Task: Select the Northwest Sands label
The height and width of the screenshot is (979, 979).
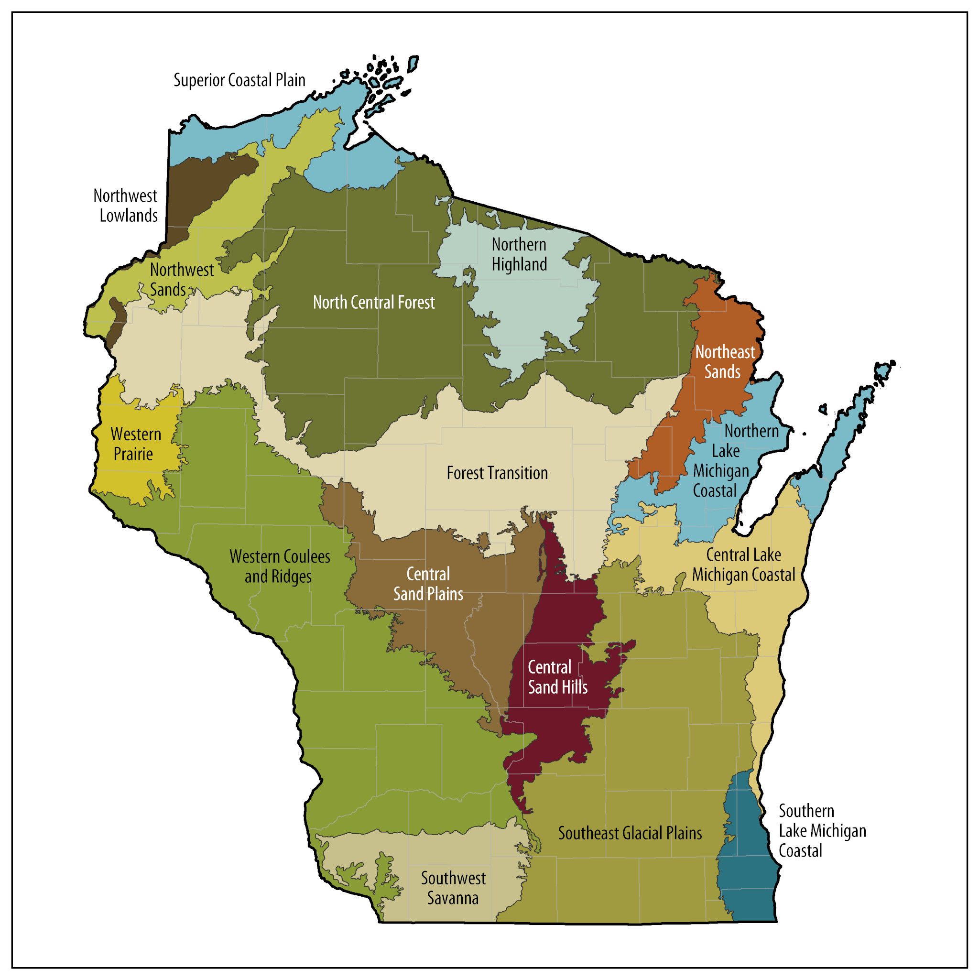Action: [x=181, y=279]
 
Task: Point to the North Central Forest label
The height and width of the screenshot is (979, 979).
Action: [x=373, y=303]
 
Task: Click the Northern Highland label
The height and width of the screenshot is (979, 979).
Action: [x=519, y=254]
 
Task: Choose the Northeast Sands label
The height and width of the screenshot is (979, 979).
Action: [x=725, y=362]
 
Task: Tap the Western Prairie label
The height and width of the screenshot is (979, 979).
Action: [x=135, y=444]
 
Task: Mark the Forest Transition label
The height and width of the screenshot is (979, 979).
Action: [x=497, y=473]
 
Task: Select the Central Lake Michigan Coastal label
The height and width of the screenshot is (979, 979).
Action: [x=743, y=565]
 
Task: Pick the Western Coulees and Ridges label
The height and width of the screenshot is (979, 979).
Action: [x=279, y=566]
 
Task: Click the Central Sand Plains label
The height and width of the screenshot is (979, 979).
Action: [x=428, y=584]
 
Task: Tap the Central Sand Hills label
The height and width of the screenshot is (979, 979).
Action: [x=557, y=677]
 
